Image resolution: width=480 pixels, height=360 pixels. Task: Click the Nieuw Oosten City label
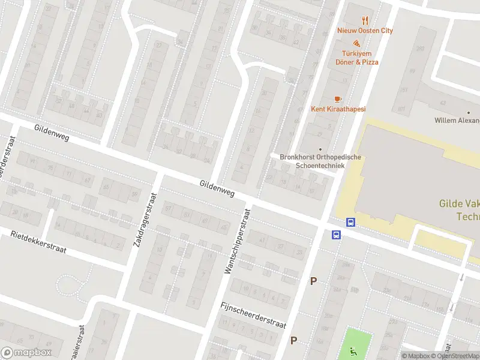click(x=365, y=31)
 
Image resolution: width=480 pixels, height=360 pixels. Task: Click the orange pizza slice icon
click(x=356, y=44)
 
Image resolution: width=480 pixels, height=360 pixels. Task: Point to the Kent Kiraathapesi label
click(x=338, y=109)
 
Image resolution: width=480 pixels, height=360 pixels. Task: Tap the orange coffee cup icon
click(x=338, y=98)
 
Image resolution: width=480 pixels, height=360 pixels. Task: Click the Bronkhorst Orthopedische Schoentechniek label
click(x=320, y=161)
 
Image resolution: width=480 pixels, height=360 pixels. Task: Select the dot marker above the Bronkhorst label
click(x=320, y=149)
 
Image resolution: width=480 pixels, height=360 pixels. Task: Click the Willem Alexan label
click(x=457, y=121)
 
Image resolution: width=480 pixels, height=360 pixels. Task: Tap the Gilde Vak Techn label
click(x=460, y=211)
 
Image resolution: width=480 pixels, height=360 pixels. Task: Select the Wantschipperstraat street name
click(x=236, y=241)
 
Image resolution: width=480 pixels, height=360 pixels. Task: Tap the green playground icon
click(x=352, y=350)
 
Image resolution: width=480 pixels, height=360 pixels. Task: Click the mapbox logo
click(x=26, y=353)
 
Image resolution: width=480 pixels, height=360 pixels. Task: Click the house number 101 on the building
click(x=402, y=109)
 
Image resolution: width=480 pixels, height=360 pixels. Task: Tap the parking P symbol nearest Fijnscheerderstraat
click(x=294, y=340)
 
